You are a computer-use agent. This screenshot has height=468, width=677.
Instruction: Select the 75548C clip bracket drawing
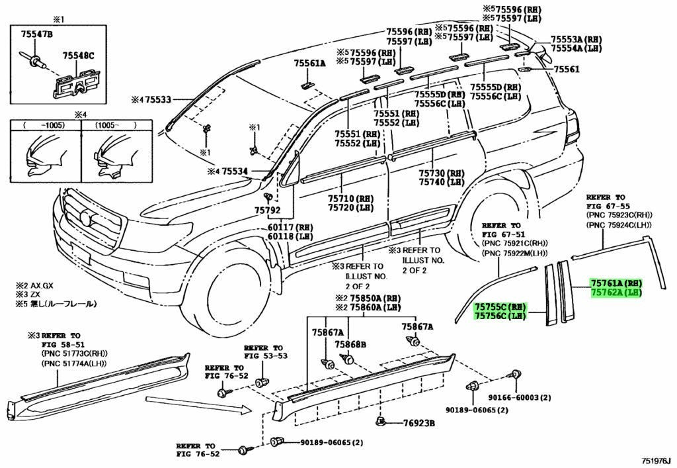coord(77,83)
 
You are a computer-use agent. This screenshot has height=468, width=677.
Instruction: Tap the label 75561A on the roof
coord(309,64)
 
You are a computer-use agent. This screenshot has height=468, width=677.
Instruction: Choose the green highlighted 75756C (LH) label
coord(500,316)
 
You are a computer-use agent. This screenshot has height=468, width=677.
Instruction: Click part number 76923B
coord(418,424)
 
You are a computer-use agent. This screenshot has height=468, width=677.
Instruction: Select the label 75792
coord(267,211)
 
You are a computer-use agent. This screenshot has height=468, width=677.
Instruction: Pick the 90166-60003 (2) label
coord(520,398)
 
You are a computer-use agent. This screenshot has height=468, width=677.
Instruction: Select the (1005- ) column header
coord(116,125)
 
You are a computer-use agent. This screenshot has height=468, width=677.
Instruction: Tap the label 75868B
coord(350,344)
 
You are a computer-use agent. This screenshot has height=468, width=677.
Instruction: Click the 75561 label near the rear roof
coord(567,69)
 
